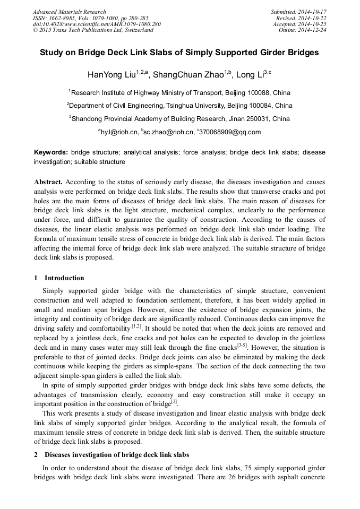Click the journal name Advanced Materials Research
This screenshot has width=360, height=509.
69,12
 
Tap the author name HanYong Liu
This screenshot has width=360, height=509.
111,74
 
